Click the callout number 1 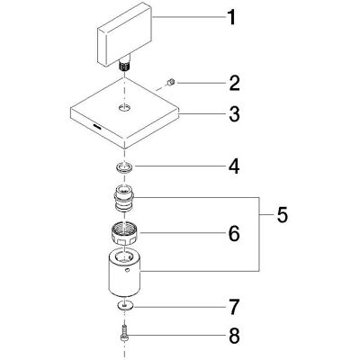pyautogui.click(x=231, y=17)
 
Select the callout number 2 pyautogui.click(x=234, y=83)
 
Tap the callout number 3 pyautogui.click(x=234, y=114)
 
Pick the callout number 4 pyautogui.click(x=234, y=166)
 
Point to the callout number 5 pyautogui.click(x=282, y=215)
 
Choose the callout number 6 pyautogui.click(x=234, y=233)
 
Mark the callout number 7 pyautogui.click(x=234, y=307)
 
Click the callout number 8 pyautogui.click(x=234, y=336)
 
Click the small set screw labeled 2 pyautogui.click(x=172, y=82)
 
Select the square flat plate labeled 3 pyautogui.click(x=124, y=113)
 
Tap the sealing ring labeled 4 pyautogui.click(x=125, y=166)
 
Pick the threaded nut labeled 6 pyautogui.click(x=124, y=235)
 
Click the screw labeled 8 pyautogui.click(x=124, y=334)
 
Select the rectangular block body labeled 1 pyautogui.click(x=125, y=33)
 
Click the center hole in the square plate pyautogui.click(x=124, y=106)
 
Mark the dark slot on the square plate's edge pyautogui.click(x=97, y=126)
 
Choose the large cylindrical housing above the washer pyautogui.click(x=124, y=272)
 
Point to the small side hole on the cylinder pyautogui.click(x=128, y=270)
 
